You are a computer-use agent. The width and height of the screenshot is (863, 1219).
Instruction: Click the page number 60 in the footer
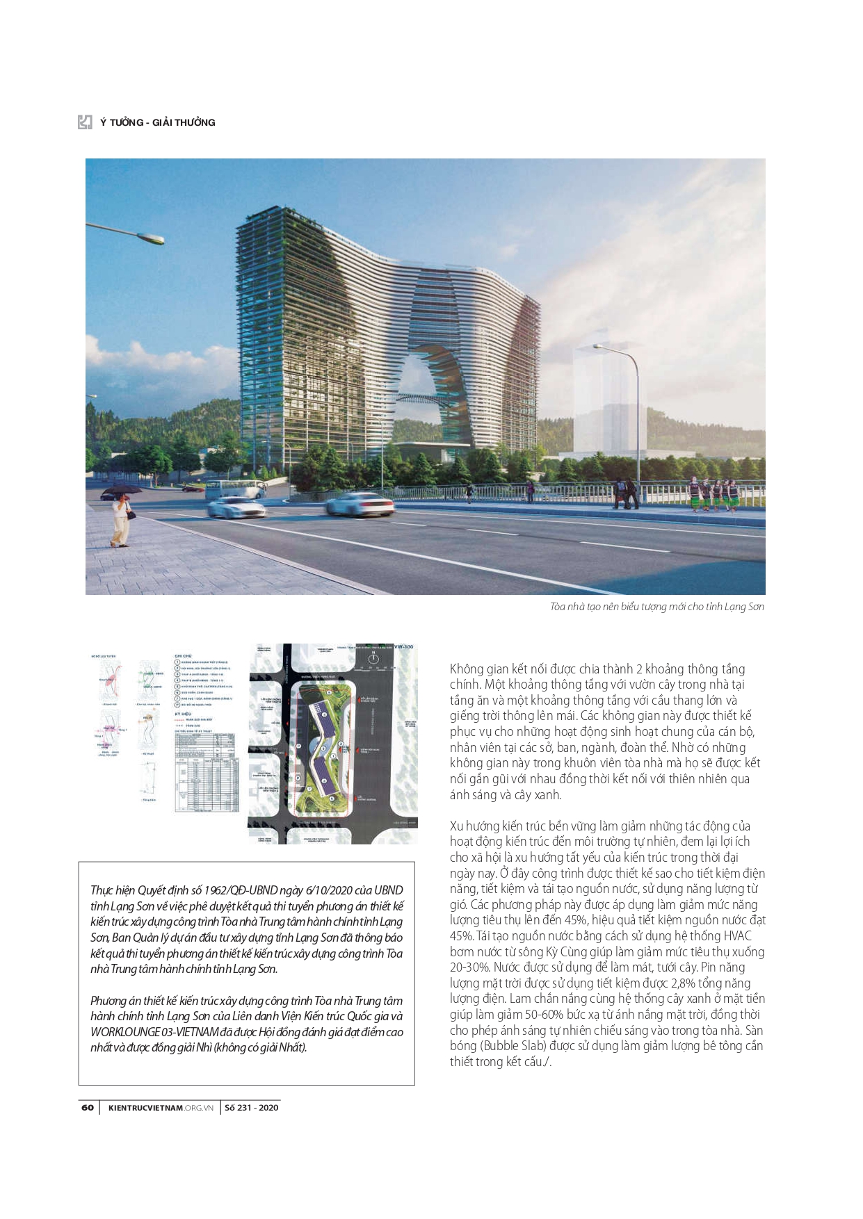[x=87, y=1107]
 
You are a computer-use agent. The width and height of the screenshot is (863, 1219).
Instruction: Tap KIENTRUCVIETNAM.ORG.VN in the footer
[x=161, y=1107]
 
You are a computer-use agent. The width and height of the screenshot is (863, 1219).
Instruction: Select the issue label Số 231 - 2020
[x=251, y=1107]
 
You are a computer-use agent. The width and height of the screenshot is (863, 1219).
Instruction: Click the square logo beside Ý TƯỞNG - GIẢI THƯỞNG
[x=85, y=122]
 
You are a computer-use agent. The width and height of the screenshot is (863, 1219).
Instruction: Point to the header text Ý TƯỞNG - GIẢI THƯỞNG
[x=158, y=122]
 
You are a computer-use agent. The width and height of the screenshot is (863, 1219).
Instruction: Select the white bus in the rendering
[x=234, y=489]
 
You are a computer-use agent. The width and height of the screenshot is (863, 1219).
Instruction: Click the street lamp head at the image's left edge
[x=150, y=239]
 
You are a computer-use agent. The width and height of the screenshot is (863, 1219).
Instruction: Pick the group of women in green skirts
[x=713, y=493]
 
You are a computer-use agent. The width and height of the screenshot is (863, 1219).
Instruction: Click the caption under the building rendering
[x=656, y=607]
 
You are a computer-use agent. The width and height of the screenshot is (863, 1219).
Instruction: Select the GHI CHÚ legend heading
[x=183, y=655]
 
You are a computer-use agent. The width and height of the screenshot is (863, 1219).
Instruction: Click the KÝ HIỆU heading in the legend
[x=183, y=714]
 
